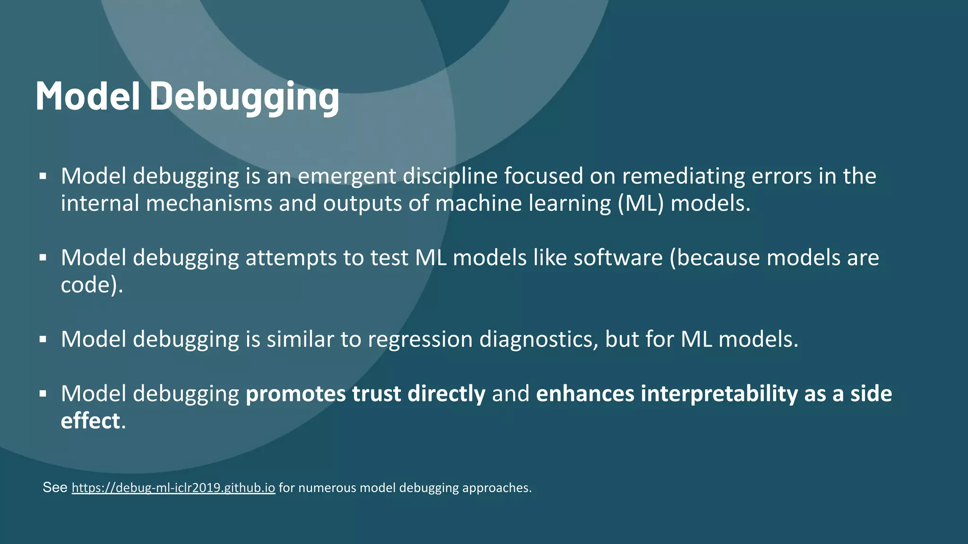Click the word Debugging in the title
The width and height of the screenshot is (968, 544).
[244, 97]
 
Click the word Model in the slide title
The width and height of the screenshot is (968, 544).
[87, 97]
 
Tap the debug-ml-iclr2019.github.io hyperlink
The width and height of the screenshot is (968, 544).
[173, 488]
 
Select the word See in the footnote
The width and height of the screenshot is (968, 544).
[55, 488]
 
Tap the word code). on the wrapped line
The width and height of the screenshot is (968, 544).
[92, 285]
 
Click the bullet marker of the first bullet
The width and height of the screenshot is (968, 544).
[43, 177]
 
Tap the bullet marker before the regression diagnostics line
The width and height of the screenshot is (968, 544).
[43, 340]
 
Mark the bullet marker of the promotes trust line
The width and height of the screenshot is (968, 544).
[43, 394]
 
